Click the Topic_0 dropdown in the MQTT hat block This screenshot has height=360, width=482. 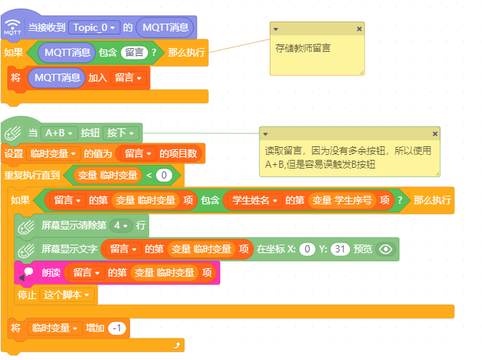pos(94,28)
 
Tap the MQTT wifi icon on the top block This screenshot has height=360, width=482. pos(13,27)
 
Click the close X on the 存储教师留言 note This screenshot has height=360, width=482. pos(359,29)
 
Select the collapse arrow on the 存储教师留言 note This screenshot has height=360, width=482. pos(275,29)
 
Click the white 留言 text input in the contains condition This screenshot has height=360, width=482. pos(134,52)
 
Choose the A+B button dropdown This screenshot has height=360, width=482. pos(59,133)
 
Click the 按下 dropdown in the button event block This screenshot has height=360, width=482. pos(120,133)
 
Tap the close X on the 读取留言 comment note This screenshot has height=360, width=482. pos(435,133)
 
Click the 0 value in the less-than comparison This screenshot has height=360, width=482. pos(164,175)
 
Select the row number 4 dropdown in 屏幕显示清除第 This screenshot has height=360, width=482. pos(121,226)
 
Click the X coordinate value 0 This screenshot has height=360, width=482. pos(307,249)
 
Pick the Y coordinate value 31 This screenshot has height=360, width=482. pos(340,249)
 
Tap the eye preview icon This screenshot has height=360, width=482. pos(386,249)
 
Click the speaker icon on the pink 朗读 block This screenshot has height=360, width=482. pos(27,273)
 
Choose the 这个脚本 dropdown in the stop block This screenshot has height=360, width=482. pos(67,295)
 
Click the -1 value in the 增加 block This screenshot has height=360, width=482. pos(117,328)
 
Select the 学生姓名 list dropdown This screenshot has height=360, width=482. pos(255,201)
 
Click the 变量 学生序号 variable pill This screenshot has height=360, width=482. pos(342,201)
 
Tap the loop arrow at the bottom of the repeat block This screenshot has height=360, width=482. pos(176,346)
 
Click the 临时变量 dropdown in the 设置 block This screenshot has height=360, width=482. pos(53,153)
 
